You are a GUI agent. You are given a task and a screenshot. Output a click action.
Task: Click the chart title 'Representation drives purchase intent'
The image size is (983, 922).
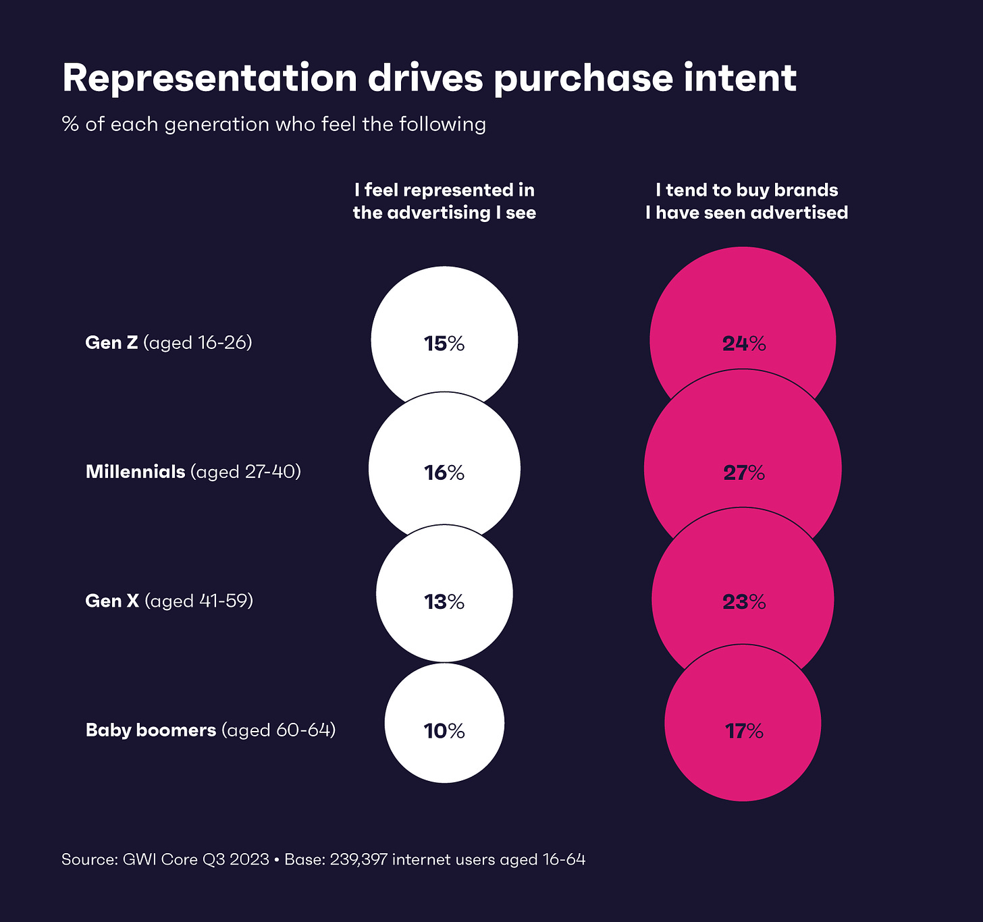pos(429,78)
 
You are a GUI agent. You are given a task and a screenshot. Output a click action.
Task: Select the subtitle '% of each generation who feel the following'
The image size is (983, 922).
pos(273,125)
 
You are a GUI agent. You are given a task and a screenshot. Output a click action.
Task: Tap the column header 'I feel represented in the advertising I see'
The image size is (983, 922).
pos(444,201)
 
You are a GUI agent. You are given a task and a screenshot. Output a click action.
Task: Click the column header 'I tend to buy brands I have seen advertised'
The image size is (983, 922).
pos(746,201)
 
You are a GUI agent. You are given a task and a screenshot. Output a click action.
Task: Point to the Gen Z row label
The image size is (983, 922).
pos(168,343)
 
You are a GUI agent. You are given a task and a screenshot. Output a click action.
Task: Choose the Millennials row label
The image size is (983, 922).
pos(192,472)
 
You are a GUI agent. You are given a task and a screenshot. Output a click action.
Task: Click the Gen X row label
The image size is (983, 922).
pos(169,601)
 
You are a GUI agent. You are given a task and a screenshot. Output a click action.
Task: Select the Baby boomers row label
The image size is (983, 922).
pos(210,730)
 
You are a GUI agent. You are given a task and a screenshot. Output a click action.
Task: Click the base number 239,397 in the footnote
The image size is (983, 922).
pos(358,860)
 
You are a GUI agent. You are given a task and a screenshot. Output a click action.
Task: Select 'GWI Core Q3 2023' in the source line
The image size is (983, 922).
pos(196,860)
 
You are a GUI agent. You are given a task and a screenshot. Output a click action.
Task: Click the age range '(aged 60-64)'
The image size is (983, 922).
pos(279,730)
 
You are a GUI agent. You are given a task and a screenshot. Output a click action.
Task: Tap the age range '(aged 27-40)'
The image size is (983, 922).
pos(246,472)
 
